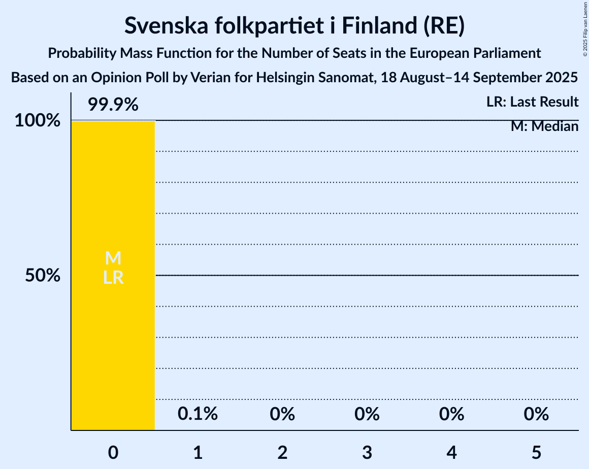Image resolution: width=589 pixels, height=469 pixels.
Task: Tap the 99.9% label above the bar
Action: pos(113,105)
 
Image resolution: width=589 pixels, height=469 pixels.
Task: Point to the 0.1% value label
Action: pos(198,414)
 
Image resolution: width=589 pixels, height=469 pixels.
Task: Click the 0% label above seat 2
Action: pos(282,414)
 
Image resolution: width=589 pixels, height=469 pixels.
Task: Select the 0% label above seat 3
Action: pos(367,414)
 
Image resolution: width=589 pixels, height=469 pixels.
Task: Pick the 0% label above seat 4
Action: pos(452,414)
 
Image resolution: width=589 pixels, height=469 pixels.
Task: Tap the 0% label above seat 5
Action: pos(536,414)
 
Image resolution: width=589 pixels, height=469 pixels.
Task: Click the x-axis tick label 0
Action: pos(113,453)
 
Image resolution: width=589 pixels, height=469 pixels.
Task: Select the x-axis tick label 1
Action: pos(198,453)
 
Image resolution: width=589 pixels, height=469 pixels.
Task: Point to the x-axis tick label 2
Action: pos(282,453)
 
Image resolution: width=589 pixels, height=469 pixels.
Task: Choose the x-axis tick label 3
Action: pos(367,453)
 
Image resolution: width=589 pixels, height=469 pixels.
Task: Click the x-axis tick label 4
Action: pos(452,453)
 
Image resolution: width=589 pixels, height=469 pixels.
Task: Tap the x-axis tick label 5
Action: pos(537,453)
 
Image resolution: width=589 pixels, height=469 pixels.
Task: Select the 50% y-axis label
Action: pos(44,276)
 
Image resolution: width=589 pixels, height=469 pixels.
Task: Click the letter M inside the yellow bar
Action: pos(113,258)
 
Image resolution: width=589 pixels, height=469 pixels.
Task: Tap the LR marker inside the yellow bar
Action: pos(113,278)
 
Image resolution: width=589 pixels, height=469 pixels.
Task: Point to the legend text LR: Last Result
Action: pos(532,102)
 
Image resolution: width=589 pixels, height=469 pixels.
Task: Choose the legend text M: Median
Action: pos(544,126)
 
